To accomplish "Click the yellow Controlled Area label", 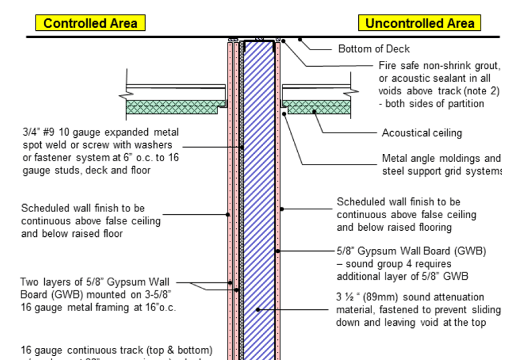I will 90,23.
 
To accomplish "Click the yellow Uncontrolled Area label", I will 420,23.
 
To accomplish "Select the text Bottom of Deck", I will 373,49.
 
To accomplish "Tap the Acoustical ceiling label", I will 422,133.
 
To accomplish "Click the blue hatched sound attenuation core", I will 258,201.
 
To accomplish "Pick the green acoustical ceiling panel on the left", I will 175,107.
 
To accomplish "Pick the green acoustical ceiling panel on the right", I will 316,107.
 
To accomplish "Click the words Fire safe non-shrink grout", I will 439,66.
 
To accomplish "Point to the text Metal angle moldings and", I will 441,159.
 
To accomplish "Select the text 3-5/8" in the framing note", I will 159,295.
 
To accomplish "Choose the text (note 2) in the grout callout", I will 481,91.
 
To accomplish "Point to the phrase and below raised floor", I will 72,234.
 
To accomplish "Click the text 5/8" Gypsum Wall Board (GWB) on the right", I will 411,252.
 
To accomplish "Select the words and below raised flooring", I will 394,228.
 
